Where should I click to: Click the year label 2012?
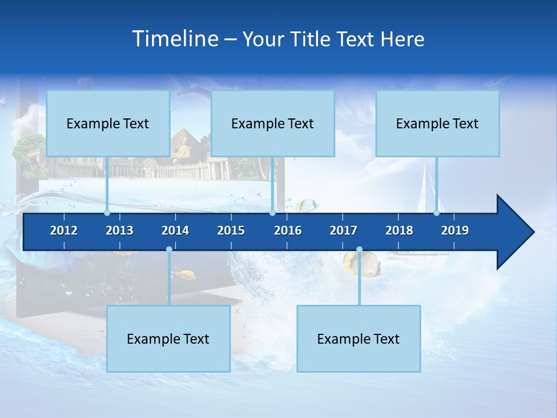pyautogui.click(x=64, y=230)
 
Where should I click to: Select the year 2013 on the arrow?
pyautogui.click(x=120, y=230)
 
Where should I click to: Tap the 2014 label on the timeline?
pyautogui.click(x=175, y=230)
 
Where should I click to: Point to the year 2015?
pyautogui.click(x=231, y=230)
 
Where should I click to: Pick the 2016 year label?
pyautogui.click(x=288, y=230)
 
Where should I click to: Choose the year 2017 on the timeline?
pyautogui.click(x=343, y=230)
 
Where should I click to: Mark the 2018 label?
pyautogui.click(x=399, y=230)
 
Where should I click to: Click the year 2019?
pyautogui.click(x=455, y=230)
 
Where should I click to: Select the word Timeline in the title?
pyautogui.click(x=175, y=39)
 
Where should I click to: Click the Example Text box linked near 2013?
pyautogui.click(x=108, y=123)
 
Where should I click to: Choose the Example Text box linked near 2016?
pyautogui.click(x=273, y=123)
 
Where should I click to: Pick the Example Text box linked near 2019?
pyautogui.click(x=437, y=123)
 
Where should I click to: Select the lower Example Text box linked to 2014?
pyautogui.click(x=168, y=338)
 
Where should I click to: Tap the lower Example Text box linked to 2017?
pyautogui.click(x=359, y=338)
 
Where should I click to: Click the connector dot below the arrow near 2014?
pyautogui.click(x=169, y=250)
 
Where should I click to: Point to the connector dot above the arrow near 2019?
pyautogui.click(x=436, y=212)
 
